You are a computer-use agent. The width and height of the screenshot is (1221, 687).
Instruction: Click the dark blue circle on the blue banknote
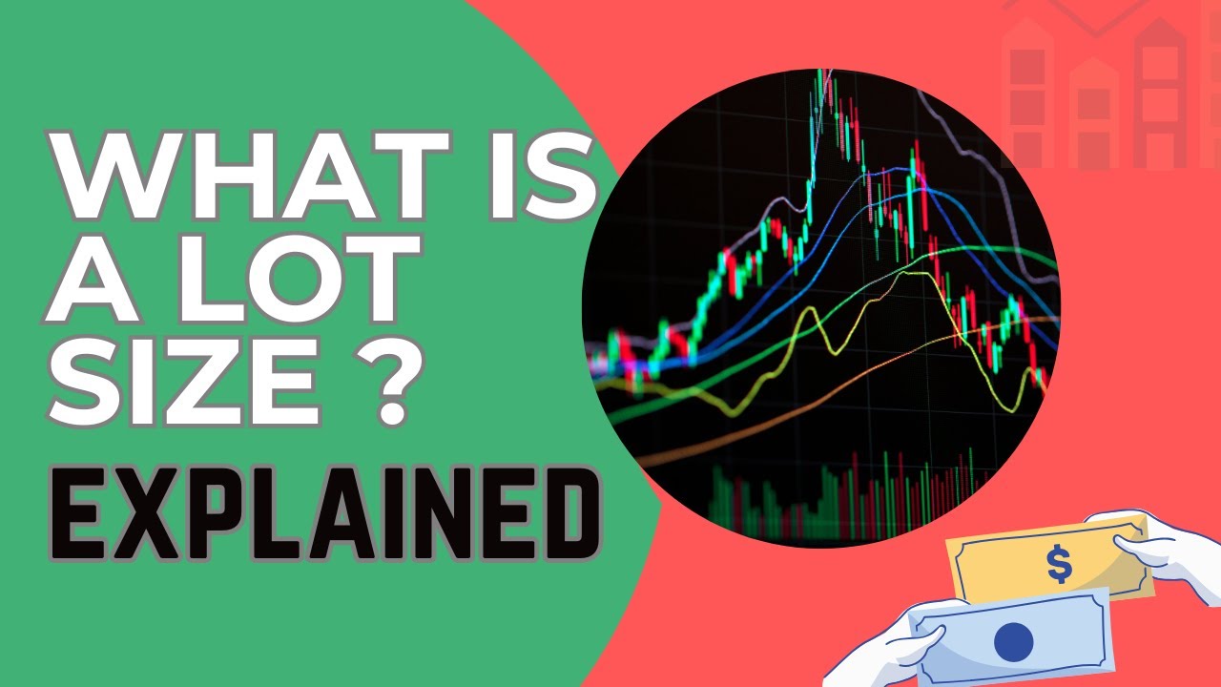(1013, 641)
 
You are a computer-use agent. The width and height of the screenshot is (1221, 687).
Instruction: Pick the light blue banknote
(1011, 639)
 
